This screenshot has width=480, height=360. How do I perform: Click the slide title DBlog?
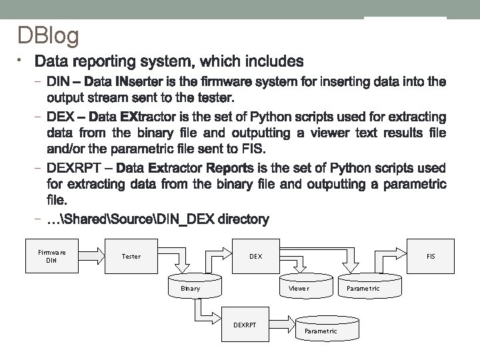(x=48, y=35)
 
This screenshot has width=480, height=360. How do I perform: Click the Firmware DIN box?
(x=52, y=256)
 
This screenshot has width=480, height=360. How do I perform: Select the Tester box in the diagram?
(x=131, y=256)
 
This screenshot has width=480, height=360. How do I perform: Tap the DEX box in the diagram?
(x=255, y=256)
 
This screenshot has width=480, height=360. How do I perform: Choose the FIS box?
(x=430, y=256)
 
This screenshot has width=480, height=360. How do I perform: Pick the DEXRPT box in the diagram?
(x=245, y=325)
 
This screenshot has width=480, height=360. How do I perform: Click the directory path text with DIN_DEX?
(x=158, y=219)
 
